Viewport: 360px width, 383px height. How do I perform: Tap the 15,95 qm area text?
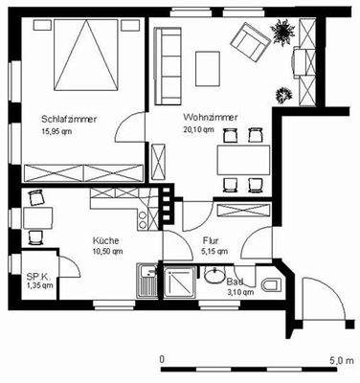click(59, 131)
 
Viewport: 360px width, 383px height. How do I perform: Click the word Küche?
click(104, 239)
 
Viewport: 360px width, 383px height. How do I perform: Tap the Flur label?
click(211, 241)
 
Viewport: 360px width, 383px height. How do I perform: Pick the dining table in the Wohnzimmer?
click(240, 157)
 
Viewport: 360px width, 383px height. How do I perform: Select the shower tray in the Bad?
click(180, 282)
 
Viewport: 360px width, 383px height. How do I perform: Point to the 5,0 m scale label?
click(339, 358)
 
